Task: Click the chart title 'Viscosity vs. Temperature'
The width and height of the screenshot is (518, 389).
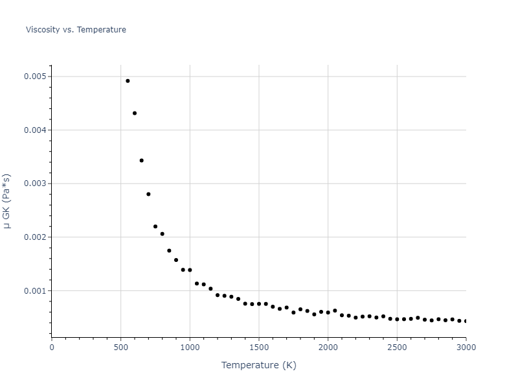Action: (76, 30)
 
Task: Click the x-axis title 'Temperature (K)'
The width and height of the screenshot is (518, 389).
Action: (258, 365)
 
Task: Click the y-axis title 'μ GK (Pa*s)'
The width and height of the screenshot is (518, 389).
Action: (8, 201)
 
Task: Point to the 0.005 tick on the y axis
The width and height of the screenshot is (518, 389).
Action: (35, 77)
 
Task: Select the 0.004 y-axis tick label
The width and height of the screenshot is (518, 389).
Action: (35, 130)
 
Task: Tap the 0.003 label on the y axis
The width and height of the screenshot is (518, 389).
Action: (35, 183)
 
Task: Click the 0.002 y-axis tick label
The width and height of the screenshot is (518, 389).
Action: (35, 237)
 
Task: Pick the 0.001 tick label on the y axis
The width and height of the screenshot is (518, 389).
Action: (35, 290)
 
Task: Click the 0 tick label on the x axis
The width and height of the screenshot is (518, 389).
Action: (52, 347)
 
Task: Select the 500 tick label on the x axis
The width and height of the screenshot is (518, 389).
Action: (121, 347)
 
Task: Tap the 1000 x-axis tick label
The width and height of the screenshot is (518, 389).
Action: (190, 347)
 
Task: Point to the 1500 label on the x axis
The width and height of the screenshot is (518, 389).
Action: (259, 347)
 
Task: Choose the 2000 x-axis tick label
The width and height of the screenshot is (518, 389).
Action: (328, 347)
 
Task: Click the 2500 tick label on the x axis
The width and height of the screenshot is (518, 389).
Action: (397, 347)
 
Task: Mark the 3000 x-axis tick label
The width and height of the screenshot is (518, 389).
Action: (466, 347)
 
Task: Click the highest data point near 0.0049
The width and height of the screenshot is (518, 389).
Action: (128, 81)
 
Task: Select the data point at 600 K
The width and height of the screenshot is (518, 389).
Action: (135, 113)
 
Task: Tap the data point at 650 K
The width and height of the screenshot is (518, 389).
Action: (142, 160)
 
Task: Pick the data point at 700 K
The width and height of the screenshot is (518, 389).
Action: (148, 194)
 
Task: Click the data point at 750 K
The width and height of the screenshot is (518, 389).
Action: (155, 226)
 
